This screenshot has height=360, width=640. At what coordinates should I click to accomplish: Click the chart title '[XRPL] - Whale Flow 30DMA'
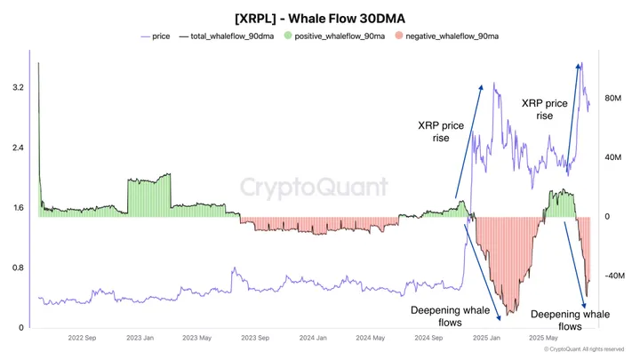[x=319, y=18]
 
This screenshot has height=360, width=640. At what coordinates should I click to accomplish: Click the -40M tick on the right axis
[x=615, y=276]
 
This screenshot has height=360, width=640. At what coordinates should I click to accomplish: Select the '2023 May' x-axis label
[x=197, y=339]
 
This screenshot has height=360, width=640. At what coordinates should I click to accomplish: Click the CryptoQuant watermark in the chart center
[x=315, y=188]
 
